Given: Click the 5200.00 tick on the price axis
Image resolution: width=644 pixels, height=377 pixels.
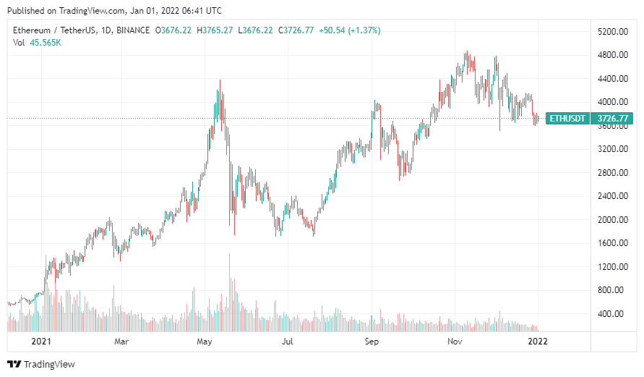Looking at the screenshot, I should pos(611,32).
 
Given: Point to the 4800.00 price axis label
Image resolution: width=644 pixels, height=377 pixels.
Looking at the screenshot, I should pos(611,55).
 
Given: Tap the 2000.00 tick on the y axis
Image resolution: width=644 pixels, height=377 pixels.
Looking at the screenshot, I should pos(611,220).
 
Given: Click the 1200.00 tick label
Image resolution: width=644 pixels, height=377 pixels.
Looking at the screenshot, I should pos(611,267).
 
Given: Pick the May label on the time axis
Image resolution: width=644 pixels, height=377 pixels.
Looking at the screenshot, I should pos(205,340).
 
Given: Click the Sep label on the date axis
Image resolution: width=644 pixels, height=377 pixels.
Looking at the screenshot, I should pos(372,340).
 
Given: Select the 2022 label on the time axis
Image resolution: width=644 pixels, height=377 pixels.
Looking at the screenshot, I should pos(536,340).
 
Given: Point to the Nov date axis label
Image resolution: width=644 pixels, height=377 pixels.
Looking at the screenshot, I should pos(454,340).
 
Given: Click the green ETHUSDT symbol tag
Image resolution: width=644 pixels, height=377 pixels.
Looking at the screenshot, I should pos(567,118).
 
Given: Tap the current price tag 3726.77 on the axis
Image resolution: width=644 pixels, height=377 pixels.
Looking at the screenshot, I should pos(611,118).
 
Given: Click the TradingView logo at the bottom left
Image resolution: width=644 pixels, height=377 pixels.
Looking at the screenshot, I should pos(41,364).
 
